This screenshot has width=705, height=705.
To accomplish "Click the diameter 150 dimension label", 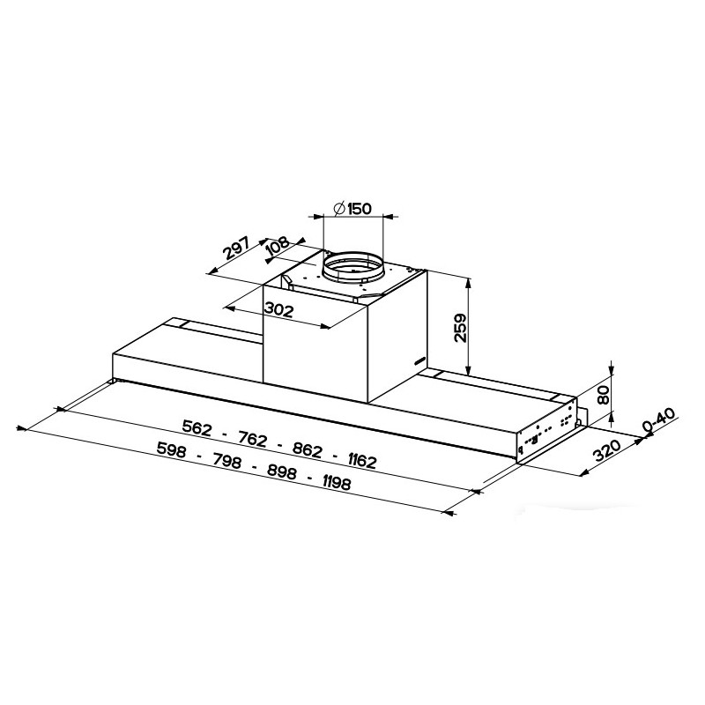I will tap(352, 209).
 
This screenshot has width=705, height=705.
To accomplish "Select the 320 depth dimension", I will tap(607, 451).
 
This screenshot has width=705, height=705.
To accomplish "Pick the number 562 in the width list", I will tap(197, 427).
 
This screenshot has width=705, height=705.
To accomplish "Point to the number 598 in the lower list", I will tap(174, 446).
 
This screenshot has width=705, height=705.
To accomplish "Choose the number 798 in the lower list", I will tap(226, 457).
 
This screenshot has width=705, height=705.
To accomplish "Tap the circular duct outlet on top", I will tap(352, 266).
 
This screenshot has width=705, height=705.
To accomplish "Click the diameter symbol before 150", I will tap(338, 209).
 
